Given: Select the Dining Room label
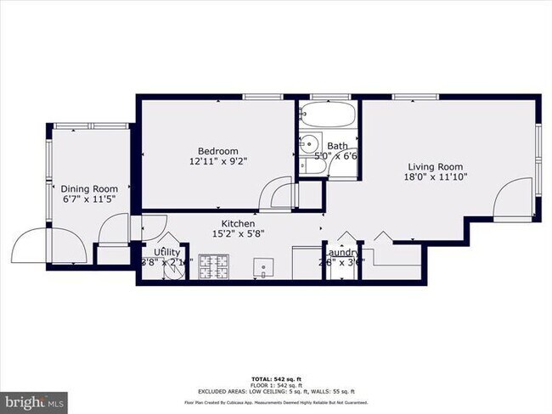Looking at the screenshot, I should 88,188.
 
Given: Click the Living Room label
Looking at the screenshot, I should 435,166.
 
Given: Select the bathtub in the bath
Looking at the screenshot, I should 327,115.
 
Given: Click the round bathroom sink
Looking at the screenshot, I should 311,143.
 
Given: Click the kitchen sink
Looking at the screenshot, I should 265,271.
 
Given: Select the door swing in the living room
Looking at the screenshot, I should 513,200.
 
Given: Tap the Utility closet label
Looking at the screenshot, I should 166,253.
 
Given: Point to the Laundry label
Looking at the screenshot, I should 343,253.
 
